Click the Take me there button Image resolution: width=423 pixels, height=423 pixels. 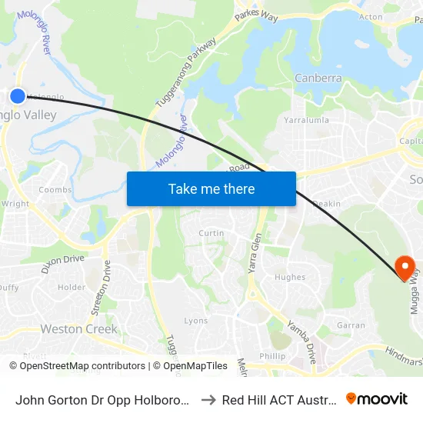point(211,188)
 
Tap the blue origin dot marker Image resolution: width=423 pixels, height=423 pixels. point(18,95)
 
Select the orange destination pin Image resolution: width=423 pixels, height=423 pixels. point(405,267)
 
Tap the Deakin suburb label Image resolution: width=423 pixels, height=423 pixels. point(328,204)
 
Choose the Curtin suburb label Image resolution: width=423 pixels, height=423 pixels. point(211,233)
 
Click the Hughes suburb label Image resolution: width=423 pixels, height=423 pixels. point(290,278)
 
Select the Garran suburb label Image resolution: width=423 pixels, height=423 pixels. point(351,325)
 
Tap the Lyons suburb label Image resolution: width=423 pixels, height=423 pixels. point(196,321)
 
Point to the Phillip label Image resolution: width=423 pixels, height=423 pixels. point(272,356)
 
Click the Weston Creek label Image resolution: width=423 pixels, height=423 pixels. point(79,329)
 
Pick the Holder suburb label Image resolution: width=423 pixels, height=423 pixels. point(72,288)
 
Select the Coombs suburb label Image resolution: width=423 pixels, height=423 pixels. point(55,190)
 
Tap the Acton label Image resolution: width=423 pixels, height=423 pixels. point(371,17)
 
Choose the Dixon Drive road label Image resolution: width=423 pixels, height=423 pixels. point(63,259)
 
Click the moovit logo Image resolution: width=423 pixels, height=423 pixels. point(376,398)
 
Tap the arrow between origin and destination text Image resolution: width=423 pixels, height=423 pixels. point(207,400)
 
